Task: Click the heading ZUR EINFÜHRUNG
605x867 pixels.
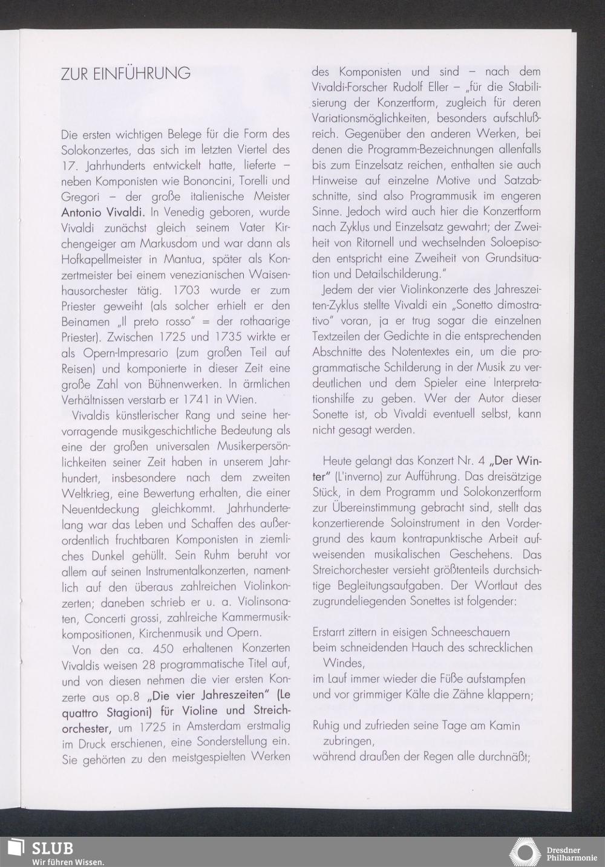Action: (126, 74)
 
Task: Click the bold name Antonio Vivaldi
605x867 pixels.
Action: (102, 213)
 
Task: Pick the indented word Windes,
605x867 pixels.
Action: (344, 663)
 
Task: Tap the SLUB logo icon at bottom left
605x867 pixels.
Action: (15, 848)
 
